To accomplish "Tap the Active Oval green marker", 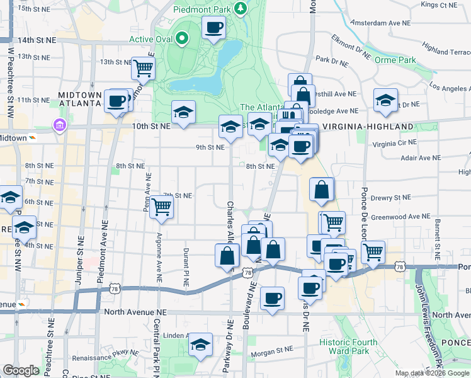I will (182, 39).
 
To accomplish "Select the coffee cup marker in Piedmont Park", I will (213, 28).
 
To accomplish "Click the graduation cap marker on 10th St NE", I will (183, 113).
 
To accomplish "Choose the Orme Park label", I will (395, 60).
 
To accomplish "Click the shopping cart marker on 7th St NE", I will (162, 205).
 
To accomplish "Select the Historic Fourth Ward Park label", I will (348, 346).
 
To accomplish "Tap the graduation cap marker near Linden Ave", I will (200, 344).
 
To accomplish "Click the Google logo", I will (21, 370).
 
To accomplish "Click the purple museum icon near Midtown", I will (60, 125).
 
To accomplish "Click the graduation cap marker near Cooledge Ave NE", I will (385, 100).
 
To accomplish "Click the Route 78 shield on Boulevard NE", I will (247, 272).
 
